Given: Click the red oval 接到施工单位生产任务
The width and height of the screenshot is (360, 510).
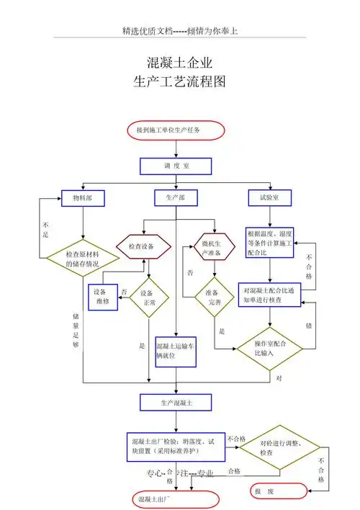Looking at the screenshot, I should coord(176,130).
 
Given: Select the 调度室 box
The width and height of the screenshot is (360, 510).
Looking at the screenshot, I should coord(176,166).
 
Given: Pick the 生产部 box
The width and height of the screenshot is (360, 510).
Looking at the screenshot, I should coord(176,197).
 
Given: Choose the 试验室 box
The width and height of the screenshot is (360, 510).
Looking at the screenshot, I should coord(269,197).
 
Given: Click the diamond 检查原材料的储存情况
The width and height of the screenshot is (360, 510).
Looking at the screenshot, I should coord(83,258).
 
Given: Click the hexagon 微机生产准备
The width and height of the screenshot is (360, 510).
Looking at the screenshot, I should coord(211,249).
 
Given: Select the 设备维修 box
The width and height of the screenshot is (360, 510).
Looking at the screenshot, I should coord(102,297).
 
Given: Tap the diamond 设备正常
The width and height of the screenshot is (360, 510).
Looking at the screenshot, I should coord(148,297).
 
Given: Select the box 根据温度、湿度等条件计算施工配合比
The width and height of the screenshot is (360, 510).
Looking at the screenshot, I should coord(269,243).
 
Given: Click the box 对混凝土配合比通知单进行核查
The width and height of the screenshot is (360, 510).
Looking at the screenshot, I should coord(269,295).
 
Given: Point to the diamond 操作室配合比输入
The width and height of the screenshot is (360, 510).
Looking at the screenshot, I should coord(269,349).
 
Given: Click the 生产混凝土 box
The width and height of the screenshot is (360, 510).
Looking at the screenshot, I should coord(176,400).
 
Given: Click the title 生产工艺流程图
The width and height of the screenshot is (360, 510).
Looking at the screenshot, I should coord(180,81).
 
